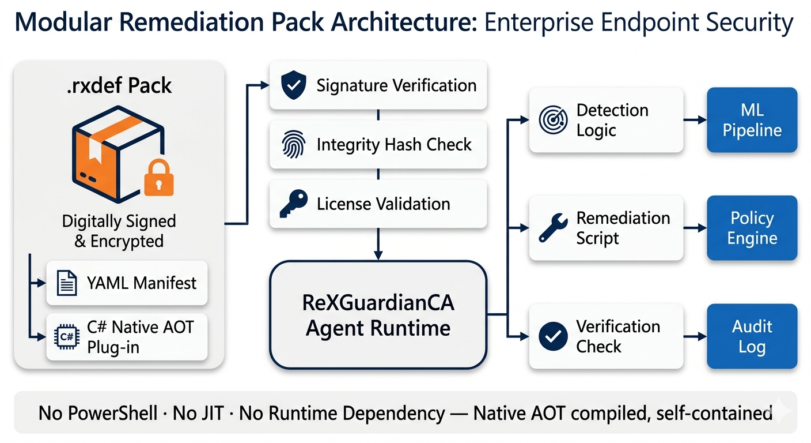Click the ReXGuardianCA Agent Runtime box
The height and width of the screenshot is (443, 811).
point(378,314)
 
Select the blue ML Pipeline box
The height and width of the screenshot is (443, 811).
point(752,120)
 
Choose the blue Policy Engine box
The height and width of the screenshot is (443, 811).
point(752,228)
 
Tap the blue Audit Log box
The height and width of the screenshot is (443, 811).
point(752,336)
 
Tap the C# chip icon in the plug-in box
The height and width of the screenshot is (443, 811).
point(66,337)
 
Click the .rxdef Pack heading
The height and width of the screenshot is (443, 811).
point(119,85)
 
